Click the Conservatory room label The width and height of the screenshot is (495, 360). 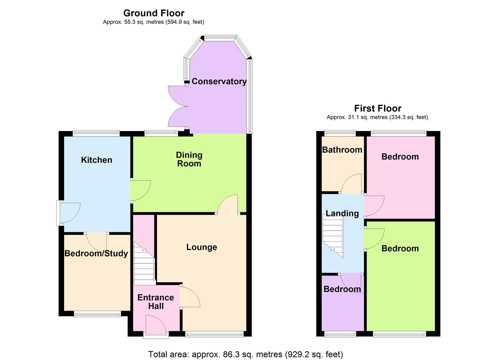coord(219,81)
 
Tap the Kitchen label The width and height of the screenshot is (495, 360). coord(97,160)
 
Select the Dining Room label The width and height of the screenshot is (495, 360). coord(189,159)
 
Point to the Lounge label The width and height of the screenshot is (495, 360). coord(202,247)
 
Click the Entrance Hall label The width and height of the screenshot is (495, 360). coord(156,302)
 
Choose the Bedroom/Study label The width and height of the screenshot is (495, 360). coord(96,253)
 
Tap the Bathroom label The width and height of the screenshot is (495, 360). coord(342,150)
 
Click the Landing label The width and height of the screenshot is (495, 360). coord(342,213)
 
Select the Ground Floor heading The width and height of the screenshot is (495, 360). coord(154,13)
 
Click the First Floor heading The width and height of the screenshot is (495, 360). coord(378,108)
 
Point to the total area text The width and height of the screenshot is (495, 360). coord(246,354)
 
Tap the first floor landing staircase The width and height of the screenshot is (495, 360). coord(333,235)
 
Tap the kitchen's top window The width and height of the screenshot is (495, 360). coord(96,133)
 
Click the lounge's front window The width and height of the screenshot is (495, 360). coord(214,334)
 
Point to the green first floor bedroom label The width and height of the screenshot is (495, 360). coord(400,248)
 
